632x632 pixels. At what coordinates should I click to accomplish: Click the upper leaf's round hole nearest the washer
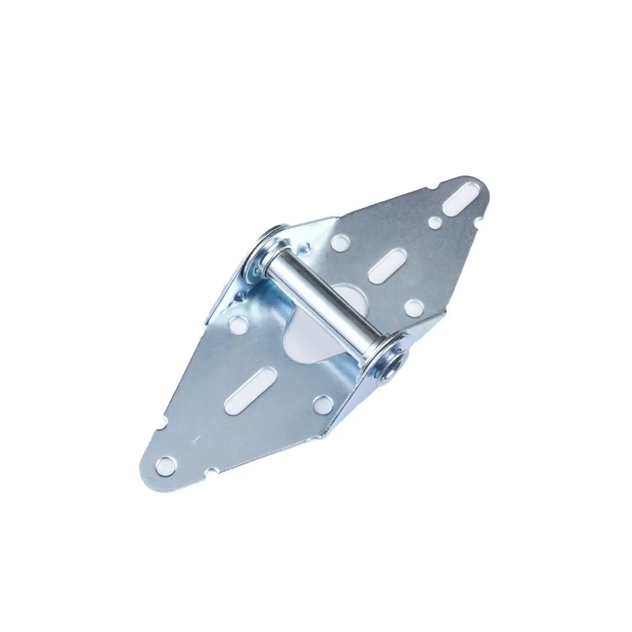[339, 242]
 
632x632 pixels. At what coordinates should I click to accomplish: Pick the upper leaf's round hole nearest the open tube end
[411, 307]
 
